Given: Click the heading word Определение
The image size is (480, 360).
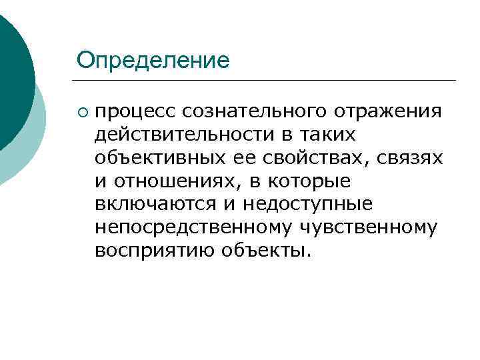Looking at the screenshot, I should (x=153, y=61).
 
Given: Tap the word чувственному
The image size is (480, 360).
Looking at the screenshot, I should (x=370, y=228).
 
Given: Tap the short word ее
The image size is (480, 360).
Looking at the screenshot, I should (x=239, y=158).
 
